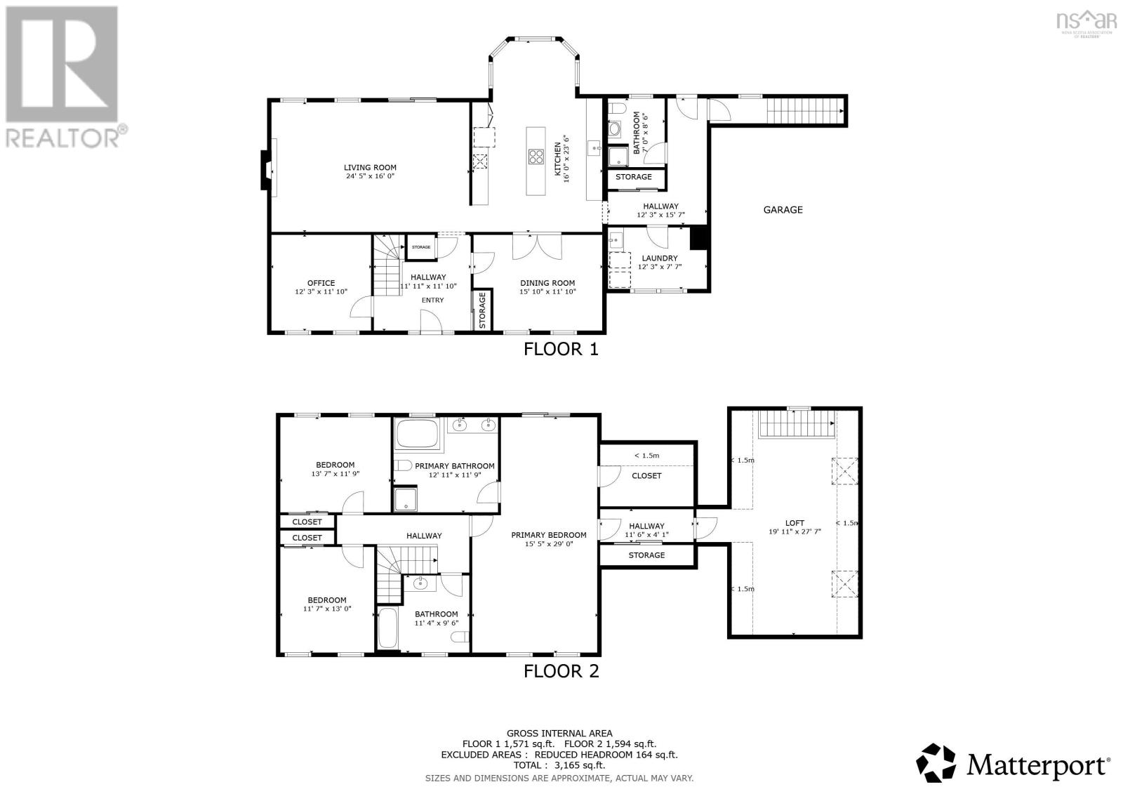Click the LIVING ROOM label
pos(370,167)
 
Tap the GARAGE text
pos(783,209)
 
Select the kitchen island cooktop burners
pos(536,157)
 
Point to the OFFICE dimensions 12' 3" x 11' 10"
pos(321,291)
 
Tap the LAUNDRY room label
pos(659,258)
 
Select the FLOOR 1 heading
pos(560,349)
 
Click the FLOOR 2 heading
pos(561,671)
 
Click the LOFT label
pos(795,522)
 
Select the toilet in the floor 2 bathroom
pos(460,637)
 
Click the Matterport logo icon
pos(936,762)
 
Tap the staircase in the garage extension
pos(803,110)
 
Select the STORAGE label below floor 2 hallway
pos(646,555)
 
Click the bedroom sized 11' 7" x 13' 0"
pos(326,604)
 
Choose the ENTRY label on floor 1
pos(432,300)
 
